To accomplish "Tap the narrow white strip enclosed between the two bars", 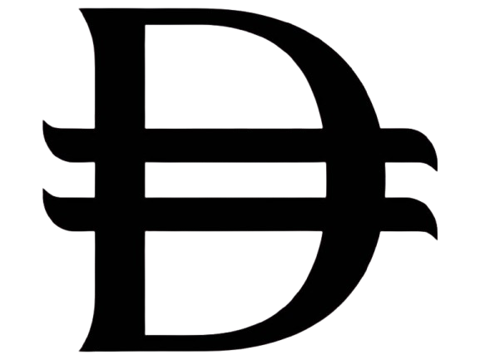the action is click(235, 180).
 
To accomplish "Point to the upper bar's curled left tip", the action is click(43, 121).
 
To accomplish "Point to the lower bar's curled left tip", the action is click(43, 189).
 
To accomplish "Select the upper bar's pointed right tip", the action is click(437, 170).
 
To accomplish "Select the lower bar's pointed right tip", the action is click(437, 239).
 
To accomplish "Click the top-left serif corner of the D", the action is click(80, 9).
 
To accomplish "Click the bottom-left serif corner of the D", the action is click(80, 351).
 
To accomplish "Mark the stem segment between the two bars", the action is click(120, 180).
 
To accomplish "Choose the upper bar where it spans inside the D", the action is click(235, 145).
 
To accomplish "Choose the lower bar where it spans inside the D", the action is click(235, 215).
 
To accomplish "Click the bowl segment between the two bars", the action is click(356, 180).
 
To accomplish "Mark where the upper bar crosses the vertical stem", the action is click(120, 145).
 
